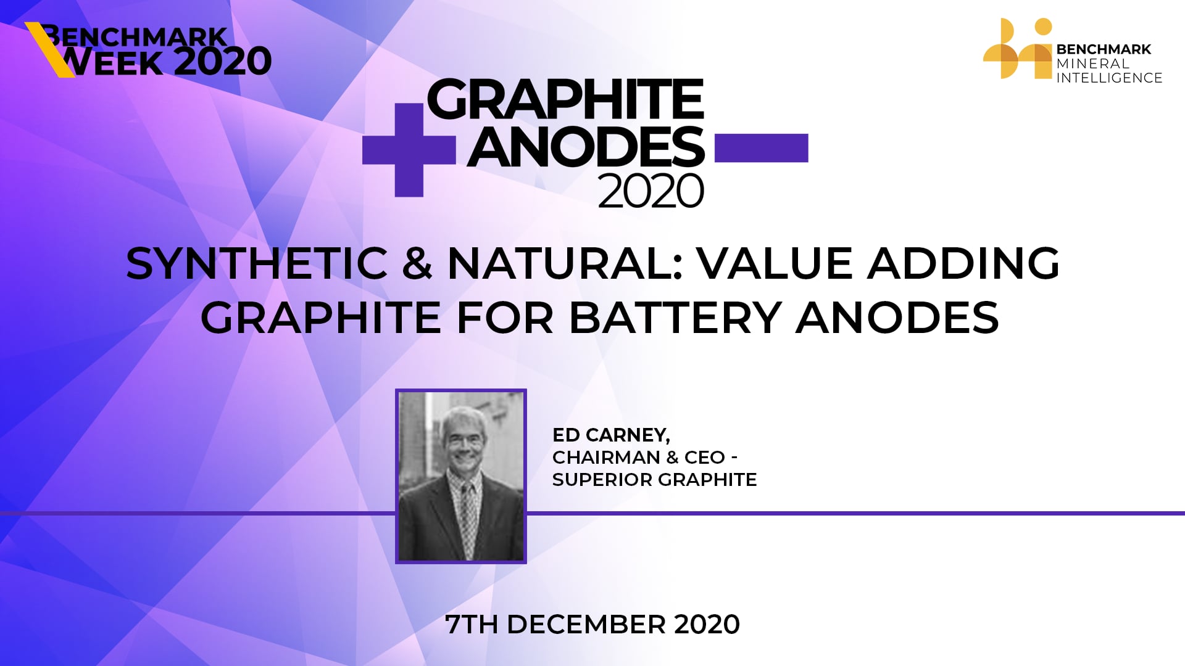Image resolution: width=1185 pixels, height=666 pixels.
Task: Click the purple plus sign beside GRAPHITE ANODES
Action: pyautogui.click(x=409, y=150)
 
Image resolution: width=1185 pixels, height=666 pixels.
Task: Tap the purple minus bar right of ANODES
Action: pyautogui.click(x=761, y=148)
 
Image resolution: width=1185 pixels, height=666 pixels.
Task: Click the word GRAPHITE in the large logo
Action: pyautogui.click(x=565, y=99)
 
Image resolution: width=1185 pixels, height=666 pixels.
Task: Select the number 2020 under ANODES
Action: pyautogui.click(x=651, y=191)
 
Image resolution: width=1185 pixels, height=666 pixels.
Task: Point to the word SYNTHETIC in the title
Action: pyautogui.click(x=257, y=263)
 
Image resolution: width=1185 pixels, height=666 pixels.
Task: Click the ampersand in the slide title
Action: pyautogui.click(x=417, y=263)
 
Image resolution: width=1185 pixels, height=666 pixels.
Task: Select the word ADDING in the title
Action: pyautogui.click(x=963, y=263)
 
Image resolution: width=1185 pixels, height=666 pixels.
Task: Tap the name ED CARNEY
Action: pyautogui.click(x=610, y=435)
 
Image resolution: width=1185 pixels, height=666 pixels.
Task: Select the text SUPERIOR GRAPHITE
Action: pyautogui.click(x=654, y=480)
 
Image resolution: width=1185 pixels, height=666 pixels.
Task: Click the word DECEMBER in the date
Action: pyautogui.click(x=586, y=625)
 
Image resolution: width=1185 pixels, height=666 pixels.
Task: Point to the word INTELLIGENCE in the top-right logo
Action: pyautogui.click(x=1109, y=78)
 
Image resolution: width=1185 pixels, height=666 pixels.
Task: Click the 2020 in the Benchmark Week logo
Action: pyautogui.click(x=222, y=62)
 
